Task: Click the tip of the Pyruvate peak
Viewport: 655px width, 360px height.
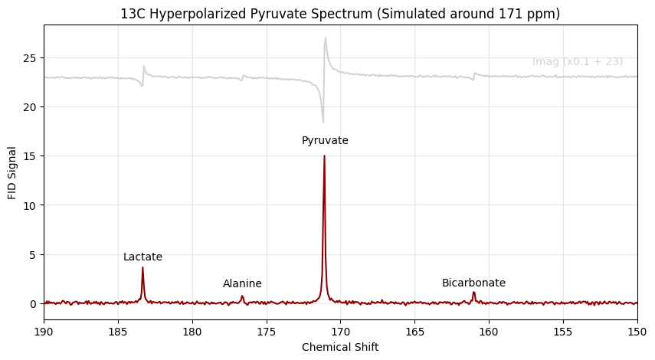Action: point(324,156)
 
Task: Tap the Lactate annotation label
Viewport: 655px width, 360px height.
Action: point(142,257)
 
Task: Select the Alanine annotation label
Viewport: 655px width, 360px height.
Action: point(242,284)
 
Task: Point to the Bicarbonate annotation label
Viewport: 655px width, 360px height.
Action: point(473,283)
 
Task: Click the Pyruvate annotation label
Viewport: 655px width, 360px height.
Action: point(325,141)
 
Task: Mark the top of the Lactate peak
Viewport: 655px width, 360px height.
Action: point(142,267)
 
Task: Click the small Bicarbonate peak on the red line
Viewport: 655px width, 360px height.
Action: point(473,293)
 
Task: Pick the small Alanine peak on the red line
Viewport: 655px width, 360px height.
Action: point(242,296)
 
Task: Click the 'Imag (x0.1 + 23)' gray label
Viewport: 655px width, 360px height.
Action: point(577,62)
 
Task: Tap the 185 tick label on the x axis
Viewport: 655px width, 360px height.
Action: point(118,331)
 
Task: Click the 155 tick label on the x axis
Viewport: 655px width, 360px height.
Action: point(563,331)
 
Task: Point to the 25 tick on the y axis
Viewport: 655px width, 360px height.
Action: point(32,58)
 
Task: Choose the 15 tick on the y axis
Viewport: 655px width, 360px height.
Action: point(32,156)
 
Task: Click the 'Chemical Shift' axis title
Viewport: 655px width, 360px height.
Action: point(340,347)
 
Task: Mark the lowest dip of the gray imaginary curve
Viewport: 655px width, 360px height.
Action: point(323,122)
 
